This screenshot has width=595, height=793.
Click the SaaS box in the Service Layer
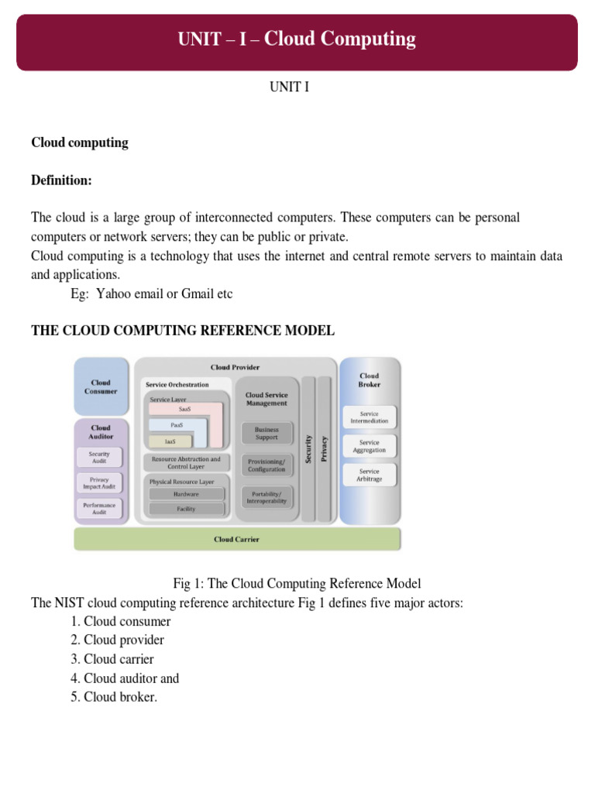coord(184,409)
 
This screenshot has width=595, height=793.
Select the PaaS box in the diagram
coord(177,425)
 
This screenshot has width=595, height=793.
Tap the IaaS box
coord(169,441)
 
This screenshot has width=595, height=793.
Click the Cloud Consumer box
coord(101,386)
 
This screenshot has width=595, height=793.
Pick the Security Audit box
coord(100,458)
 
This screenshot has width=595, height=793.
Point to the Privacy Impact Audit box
coord(100,483)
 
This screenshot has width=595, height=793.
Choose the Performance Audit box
coord(100,509)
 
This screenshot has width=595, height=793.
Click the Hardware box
coord(186,494)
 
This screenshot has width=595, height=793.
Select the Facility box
coord(186,509)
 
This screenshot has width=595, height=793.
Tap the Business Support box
coord(267,433)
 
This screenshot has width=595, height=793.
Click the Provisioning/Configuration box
coord(267,465)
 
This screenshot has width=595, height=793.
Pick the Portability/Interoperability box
coord(267,496)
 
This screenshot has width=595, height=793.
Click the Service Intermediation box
coord(370,417)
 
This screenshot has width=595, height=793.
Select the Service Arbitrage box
coord(370,475)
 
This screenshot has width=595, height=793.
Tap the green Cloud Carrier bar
coord(237,539)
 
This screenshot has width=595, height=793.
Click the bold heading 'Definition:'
coord(61,180)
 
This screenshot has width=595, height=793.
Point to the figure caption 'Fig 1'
coord(297,583)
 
